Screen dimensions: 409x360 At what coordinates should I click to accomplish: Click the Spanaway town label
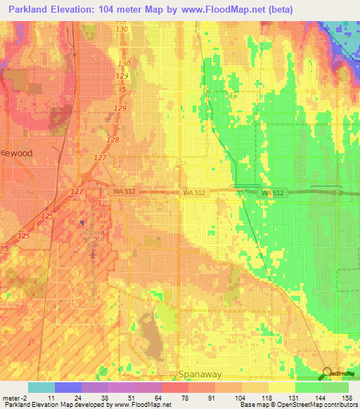point(200,375)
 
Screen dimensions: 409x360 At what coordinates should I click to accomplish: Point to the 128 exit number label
point(112,140)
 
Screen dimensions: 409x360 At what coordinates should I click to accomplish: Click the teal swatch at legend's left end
point(41,387)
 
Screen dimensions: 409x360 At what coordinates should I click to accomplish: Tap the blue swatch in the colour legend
point(67,387)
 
